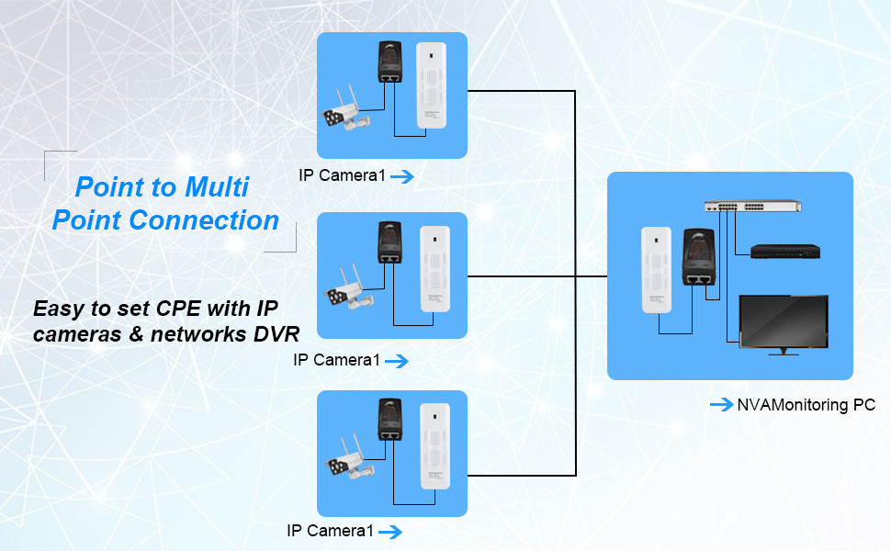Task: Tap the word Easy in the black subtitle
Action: coord(58,308)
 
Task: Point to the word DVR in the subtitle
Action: coord(276,334)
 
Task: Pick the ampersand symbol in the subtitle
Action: coord(138,334)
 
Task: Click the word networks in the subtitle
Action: coord(199,334)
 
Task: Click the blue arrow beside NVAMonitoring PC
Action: coord(721,404)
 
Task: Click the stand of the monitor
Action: coord(782,351)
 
